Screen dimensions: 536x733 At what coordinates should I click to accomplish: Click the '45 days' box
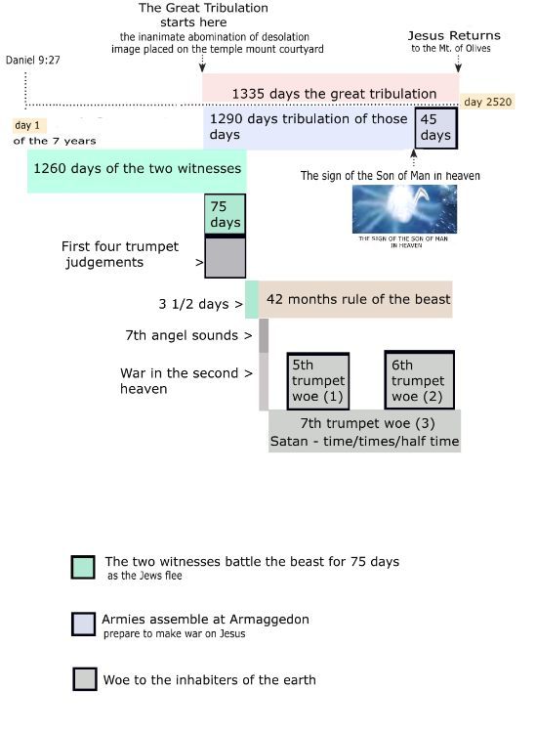tap(436, 128)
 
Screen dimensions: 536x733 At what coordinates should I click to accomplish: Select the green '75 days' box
tap(226, 214)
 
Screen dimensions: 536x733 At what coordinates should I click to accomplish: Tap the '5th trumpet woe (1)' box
tap(318, 381)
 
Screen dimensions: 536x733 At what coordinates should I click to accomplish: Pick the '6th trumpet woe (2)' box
tap(419, 380)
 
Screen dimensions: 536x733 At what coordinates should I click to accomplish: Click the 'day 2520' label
tap(487, 102)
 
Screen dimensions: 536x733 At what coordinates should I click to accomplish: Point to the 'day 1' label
tap(27, 125)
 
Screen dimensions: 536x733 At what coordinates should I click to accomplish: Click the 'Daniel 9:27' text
tap(32, 60)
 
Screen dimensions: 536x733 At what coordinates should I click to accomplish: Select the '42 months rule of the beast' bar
tap(355, 299)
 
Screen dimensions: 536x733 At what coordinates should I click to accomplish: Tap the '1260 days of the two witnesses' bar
tap(137, 171)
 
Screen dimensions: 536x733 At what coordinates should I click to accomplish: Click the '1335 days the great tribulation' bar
tap(331, 88)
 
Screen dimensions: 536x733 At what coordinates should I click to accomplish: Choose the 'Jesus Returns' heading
tap(454, 35)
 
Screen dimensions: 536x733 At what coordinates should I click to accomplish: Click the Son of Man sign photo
tap(404, 209)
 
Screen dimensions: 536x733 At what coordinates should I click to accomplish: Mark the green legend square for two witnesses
tap(83, 567)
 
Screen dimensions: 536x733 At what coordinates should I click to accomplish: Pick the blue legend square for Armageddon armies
tap(84, 625)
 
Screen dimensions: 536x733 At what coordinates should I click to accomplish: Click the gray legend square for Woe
tap(85, 679)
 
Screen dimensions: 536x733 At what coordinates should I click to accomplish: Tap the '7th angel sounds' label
tap(188, 335)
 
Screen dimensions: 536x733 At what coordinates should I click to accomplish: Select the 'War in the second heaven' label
tap(186, 380)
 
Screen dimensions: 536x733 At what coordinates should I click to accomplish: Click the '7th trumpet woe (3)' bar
tap(364, 431)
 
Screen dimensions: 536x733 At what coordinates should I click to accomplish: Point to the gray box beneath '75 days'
tap(226, 258)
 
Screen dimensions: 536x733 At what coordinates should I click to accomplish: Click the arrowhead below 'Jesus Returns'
tap(459, 67)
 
